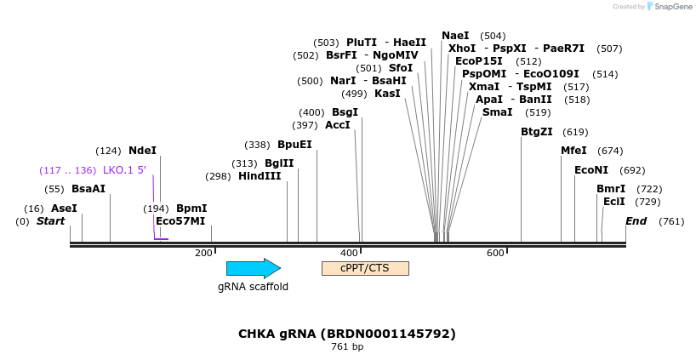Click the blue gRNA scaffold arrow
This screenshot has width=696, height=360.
(253, 268)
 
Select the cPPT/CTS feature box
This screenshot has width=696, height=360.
(365, 268)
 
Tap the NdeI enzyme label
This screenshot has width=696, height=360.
(142, 151)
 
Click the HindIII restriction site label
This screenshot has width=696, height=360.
(260, 176)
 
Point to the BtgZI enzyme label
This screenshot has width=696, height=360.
(537, 132)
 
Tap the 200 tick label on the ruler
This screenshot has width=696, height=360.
(203, 253)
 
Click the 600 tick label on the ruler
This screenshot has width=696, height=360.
(495, 253)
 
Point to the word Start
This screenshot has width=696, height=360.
(50, 221)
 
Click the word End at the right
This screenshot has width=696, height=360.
(636, 221)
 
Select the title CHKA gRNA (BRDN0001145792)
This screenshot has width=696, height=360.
(346, 334)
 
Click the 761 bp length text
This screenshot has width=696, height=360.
(346, 347)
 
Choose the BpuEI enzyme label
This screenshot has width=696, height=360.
(294, 145)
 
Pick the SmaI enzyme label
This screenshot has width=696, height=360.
(497, 112)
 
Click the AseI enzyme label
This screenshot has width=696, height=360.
(64, 209)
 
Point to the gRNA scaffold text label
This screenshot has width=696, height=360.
(253, 287)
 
